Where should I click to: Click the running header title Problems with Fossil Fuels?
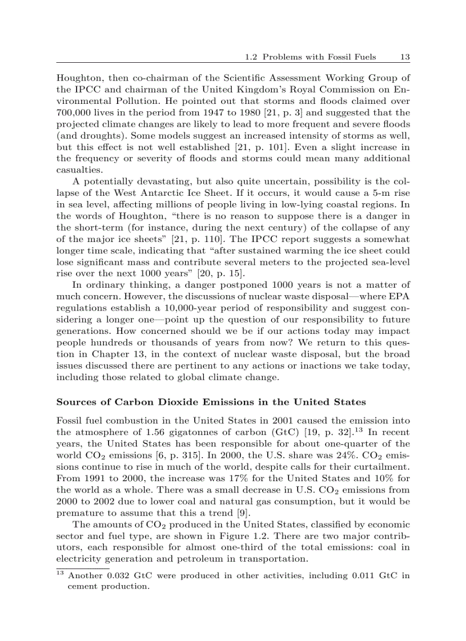coord(323,57)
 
